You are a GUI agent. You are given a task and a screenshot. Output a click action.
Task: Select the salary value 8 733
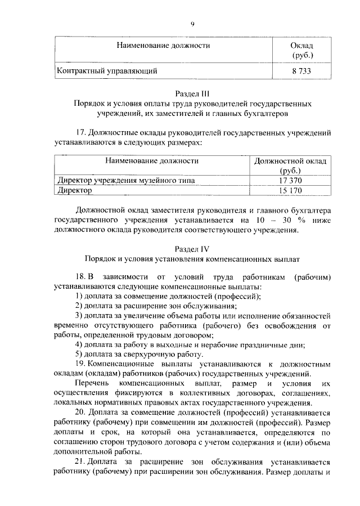coord(301,71)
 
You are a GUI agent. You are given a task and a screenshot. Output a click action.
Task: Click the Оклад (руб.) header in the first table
coord(301,50)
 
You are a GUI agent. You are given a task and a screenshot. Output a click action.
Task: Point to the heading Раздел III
coord(192,93)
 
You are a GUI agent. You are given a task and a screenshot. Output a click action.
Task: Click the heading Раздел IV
coord(192,248)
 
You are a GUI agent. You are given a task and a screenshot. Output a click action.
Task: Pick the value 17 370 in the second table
coord(290,180)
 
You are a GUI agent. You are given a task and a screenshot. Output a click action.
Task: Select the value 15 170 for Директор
coord(290,190)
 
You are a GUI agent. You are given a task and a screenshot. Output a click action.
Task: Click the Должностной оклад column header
coord(290,161)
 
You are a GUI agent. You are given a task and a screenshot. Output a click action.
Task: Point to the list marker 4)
coord(79,344)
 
